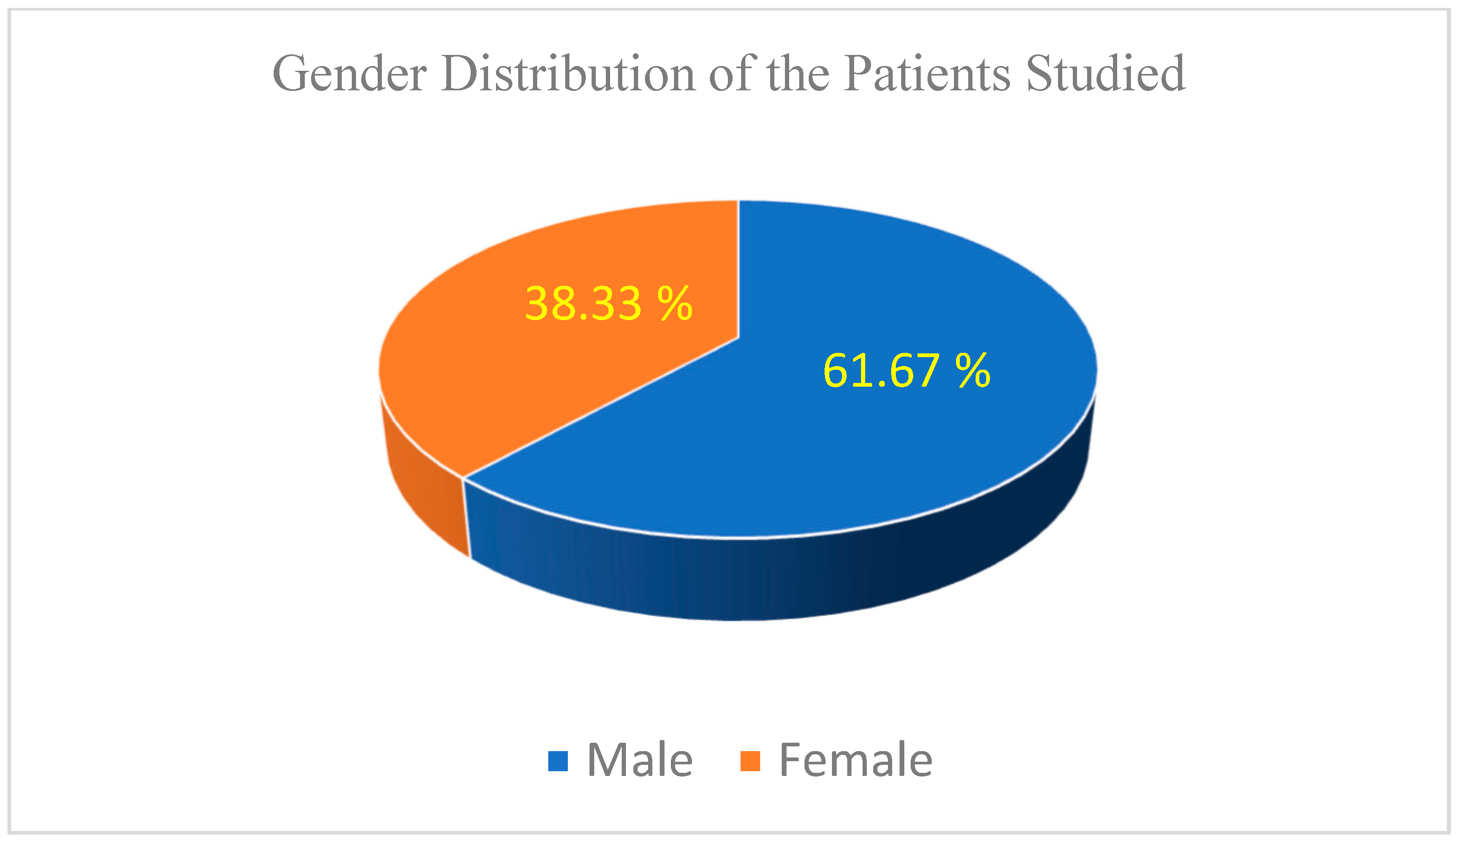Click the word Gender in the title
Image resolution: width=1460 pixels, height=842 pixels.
349,74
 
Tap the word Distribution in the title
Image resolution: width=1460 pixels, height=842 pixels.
568,74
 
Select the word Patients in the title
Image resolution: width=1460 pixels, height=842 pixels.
927,74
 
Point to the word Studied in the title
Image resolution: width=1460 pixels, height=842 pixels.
1106,74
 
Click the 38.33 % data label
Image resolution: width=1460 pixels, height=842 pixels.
609,304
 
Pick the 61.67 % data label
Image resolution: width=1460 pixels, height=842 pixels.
906,371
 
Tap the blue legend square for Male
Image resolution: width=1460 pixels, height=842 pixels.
558,761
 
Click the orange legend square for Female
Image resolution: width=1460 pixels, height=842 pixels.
750,761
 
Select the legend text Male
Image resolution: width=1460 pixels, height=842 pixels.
640,760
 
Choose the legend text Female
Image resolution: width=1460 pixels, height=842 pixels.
856,760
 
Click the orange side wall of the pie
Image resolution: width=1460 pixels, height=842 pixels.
425,486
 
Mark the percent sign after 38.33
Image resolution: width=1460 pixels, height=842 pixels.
674,304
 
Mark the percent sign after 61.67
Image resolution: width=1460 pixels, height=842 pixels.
972,371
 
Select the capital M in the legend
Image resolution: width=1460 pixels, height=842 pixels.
605,760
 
